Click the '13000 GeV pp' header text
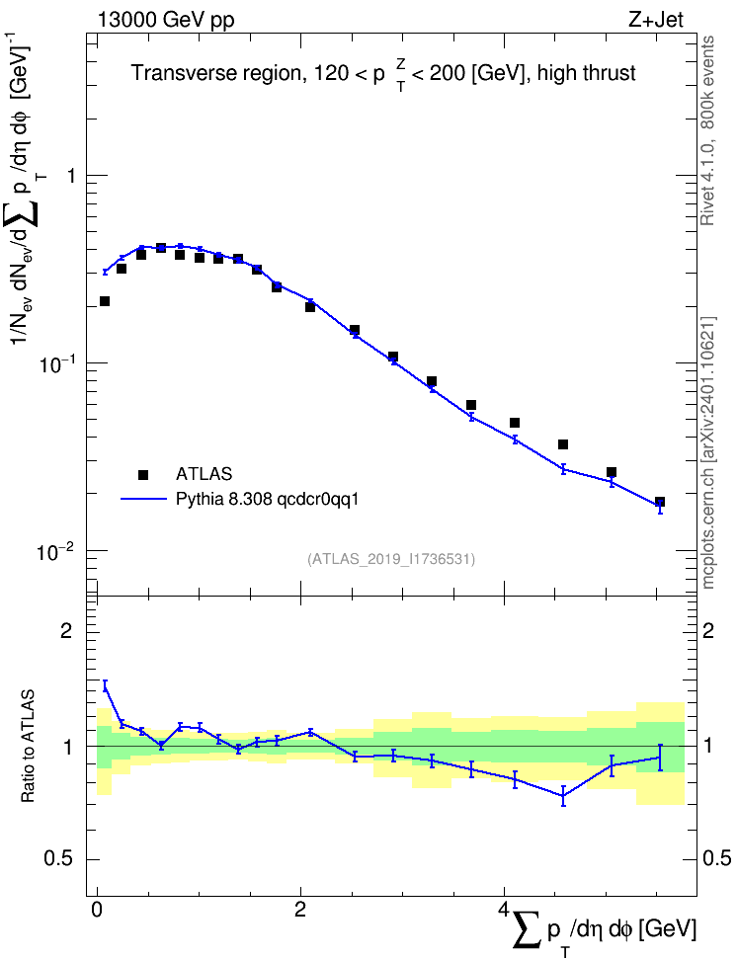tap(165, 21)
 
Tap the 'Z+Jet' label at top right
tap(656, 20)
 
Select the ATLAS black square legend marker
tap(143, 474)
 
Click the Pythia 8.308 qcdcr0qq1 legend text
tap(267, 500)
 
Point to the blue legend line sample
tap(143, 499)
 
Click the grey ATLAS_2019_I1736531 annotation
tap(391, 559)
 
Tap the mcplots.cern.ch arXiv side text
tap(708, 452)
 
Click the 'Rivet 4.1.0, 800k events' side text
tap(707, 130)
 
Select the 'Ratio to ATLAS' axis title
tap(28, 747)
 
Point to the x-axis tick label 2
tap(300, 909)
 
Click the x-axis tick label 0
tap(97, 909)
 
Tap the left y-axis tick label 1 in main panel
tap(70, 176)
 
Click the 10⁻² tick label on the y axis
tap(55, 551)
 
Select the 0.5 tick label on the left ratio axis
tap(60, 859)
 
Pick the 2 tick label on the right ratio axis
tap(708, 630)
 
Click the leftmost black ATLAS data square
tap(105, 301)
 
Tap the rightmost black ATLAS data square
tap(660, 502)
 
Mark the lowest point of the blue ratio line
tap(564, 796)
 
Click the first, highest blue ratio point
tap(105, 686)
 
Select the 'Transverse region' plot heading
tap(217, 73)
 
